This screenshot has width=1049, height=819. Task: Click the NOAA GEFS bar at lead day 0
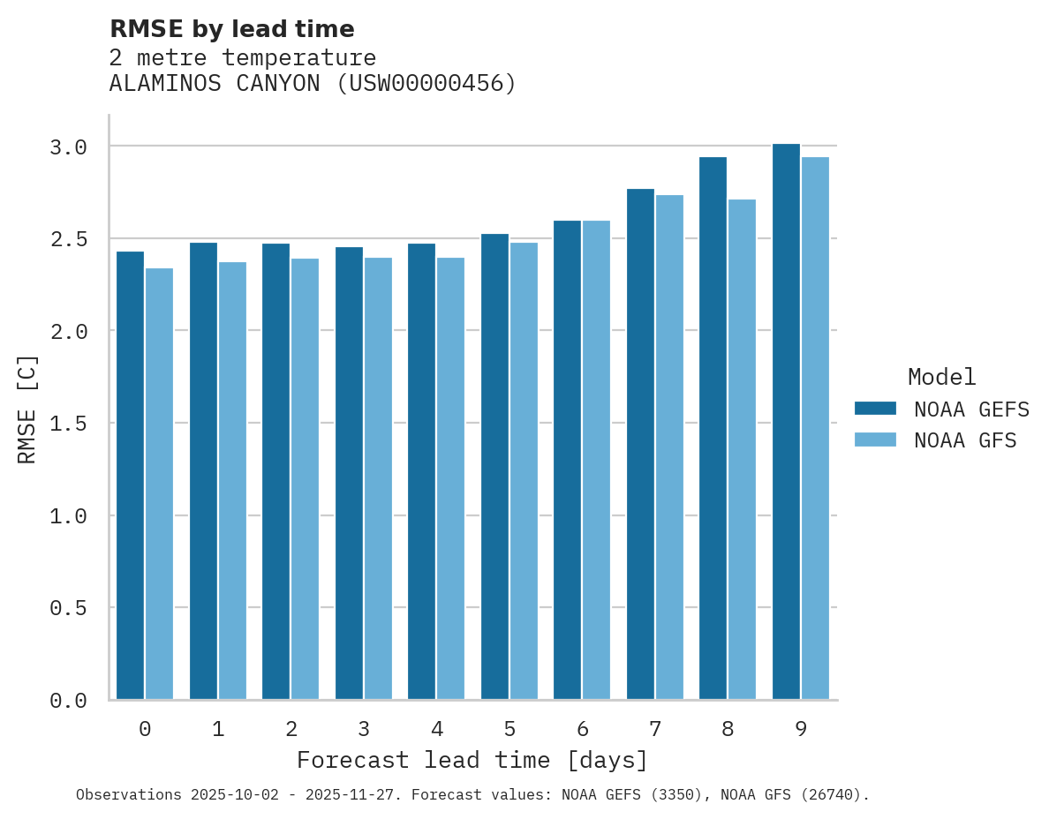pyautogui.click(x=130, y=476)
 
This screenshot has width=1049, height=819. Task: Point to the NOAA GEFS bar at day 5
pyautogui.click(x=494, y=467)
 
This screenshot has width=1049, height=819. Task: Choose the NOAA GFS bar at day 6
pyautogui.click(x=596, y=460)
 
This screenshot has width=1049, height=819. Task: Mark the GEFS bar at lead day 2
pyautogui.click(x=275, y=471)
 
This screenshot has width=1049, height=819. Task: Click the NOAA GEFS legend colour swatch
pyautogui.click(x=875, y=409)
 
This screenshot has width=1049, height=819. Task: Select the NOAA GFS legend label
pyautogui.click(x=965, y=440)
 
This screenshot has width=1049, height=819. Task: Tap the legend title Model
pyautogui.click(x=942, y=378)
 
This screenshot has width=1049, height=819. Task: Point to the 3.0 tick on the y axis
pyautogui.click(x=68, y=147)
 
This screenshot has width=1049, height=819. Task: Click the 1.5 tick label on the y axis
pyautogui.click(x=68, y=425)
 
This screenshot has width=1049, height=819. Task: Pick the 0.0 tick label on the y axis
pyautogui.click(x=68, y=701)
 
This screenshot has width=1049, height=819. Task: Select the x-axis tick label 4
pyautogui.click(x=436, y=729)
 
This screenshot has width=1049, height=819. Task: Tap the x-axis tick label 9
pyautogui.click(x=801, y=729)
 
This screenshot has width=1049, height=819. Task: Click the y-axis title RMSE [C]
pyautogui.click(x=27, y=409)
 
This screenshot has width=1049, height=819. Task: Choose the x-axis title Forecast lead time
pyautogui.click(x=472, y=760)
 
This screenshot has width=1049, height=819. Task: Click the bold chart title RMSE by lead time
pyautogui.click(x=231, y=29)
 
